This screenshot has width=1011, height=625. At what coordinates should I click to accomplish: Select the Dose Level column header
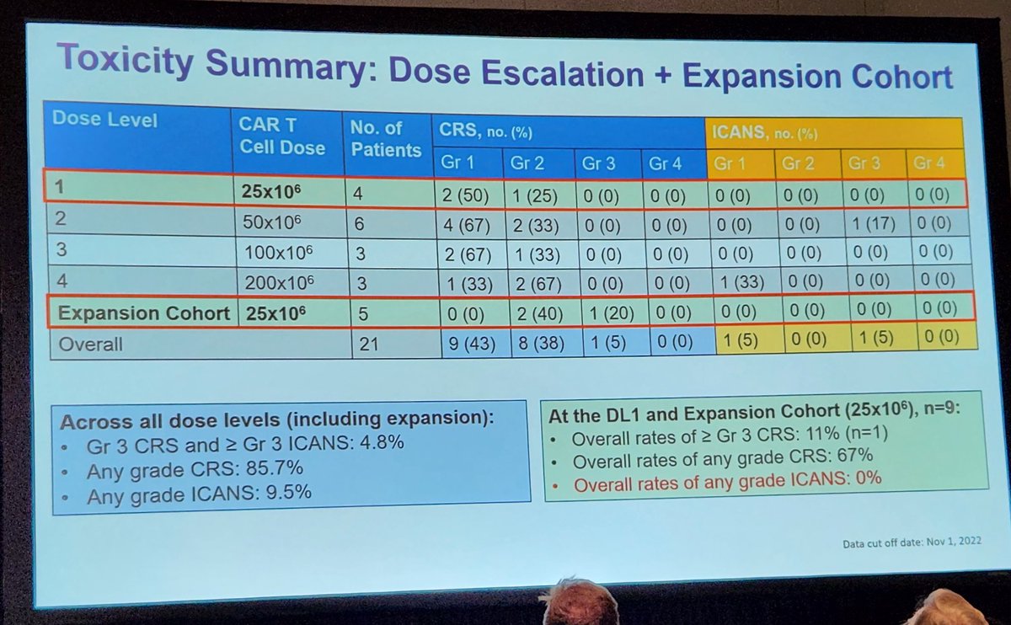point(105,119)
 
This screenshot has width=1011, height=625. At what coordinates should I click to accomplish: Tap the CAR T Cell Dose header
point(282,136)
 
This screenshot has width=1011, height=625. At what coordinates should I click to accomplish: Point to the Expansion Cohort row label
point(143,313)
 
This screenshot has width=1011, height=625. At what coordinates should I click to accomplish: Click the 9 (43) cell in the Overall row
point(473,344)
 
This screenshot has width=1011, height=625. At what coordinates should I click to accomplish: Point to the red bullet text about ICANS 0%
point(727,478)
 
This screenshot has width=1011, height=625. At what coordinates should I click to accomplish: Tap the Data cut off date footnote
point(912,543)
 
